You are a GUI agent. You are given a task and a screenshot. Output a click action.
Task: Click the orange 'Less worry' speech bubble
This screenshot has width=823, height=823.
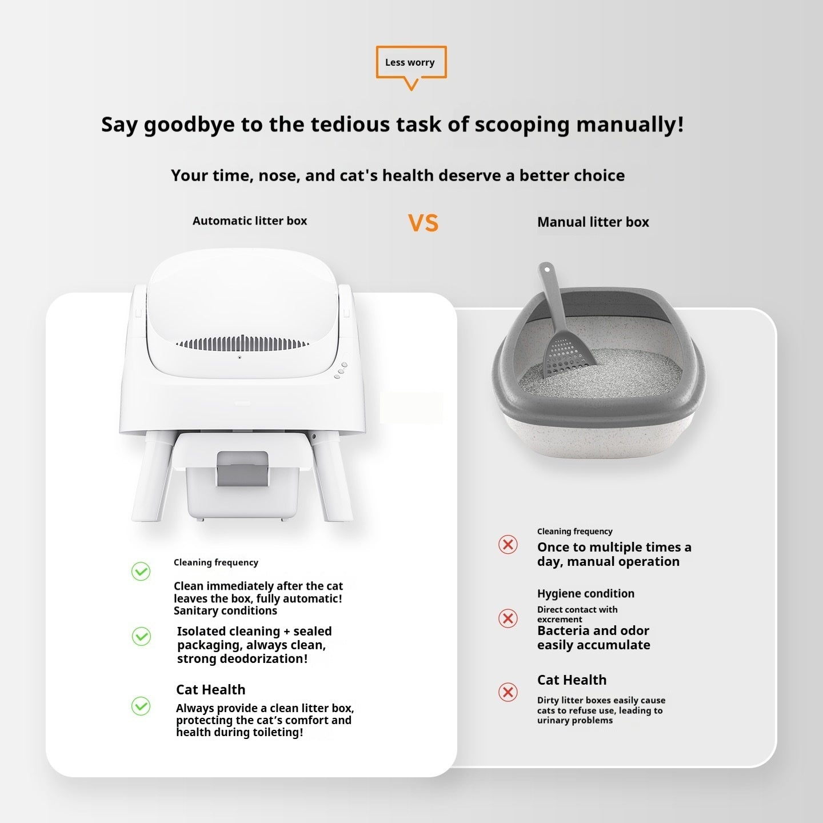coord(410,63)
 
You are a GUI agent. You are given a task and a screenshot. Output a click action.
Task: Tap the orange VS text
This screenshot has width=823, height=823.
coord(423,223)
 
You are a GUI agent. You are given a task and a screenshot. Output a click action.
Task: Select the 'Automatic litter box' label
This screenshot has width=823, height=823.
coord(250,221)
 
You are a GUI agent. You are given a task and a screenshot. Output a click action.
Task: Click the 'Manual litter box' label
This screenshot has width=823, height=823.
coord(593,222)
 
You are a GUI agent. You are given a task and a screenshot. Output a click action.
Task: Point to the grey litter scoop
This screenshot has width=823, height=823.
coord(563,326)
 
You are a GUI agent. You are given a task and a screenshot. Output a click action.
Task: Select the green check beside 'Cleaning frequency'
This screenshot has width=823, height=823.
coord(141,572)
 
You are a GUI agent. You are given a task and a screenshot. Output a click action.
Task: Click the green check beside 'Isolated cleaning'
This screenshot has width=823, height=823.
coord(141,636)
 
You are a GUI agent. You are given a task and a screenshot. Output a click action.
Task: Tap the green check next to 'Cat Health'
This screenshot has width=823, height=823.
coord(141,706)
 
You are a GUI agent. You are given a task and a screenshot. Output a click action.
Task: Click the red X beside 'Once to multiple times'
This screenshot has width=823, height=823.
coord(508,544)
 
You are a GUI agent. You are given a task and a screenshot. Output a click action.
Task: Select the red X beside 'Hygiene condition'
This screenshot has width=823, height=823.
coord(508,618)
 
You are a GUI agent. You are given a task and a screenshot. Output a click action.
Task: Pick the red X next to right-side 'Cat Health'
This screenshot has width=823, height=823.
coord(508,692)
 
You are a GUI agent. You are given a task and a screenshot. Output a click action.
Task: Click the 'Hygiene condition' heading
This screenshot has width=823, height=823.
coord(585,594)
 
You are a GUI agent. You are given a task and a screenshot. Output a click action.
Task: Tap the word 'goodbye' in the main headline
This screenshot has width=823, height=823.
coord(189,125)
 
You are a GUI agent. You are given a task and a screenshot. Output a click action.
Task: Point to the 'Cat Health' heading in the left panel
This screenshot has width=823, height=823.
coord(210,690)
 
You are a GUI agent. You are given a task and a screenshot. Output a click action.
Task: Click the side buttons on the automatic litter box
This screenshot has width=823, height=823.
coord(341,370)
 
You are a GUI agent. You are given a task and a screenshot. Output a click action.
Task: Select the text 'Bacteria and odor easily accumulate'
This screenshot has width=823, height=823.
coord(593,638)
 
